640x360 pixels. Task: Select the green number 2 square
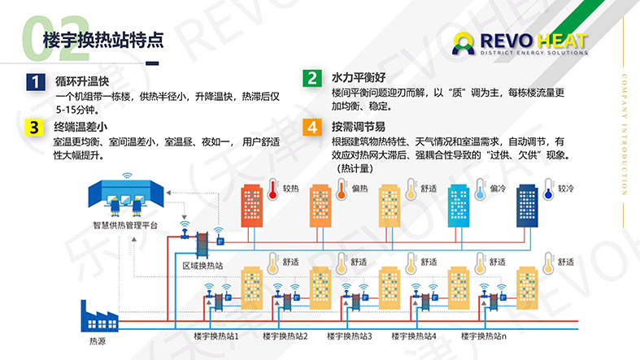pos(312,78)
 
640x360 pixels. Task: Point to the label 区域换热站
pos(202,266)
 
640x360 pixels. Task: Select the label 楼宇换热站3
pos(350,336)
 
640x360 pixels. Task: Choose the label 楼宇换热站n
pos(484,336)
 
